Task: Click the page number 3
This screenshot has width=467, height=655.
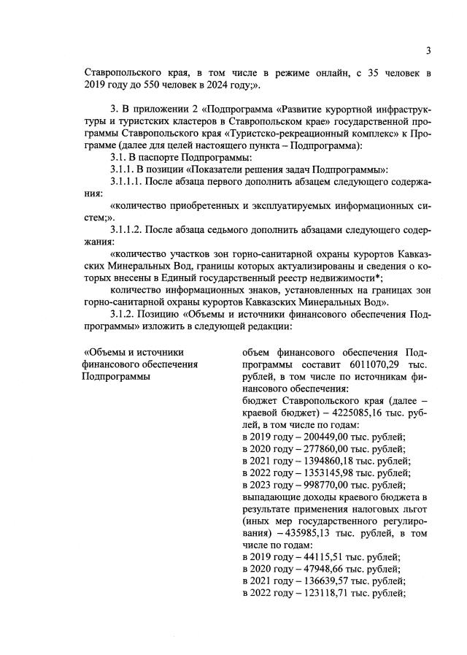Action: [x=429, y=50]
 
